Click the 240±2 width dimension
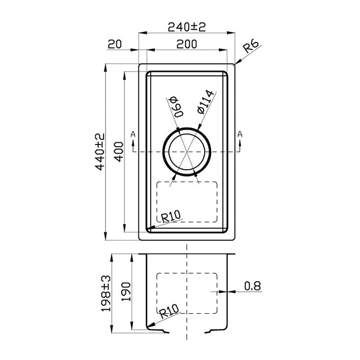(187, 27)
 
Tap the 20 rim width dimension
(115, 44)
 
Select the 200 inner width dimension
(187, 44)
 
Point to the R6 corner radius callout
(251, 47)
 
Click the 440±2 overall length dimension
(100, 152)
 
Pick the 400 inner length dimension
(119, 152)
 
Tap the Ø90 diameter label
(176, 107)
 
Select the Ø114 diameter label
(205, 102)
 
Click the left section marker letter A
(133, 134)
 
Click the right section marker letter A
(240, 134)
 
